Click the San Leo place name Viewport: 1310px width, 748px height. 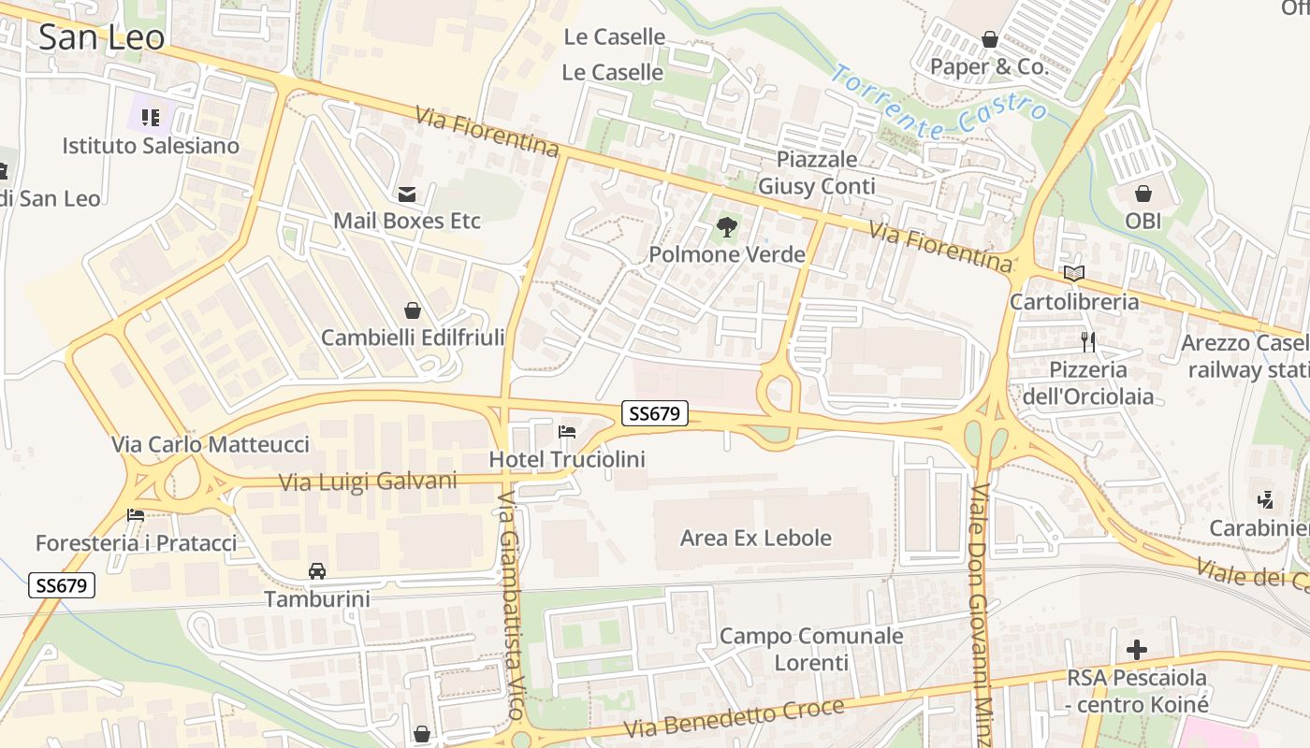pos(101,37)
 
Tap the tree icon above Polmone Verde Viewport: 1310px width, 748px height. pos(726,226)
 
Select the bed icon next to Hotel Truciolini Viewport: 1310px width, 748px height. pos(567,432)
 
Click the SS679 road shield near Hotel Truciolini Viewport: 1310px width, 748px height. pos(654,413)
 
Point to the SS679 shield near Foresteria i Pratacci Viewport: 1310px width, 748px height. pos(62,586)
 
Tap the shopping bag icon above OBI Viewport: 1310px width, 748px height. pos(1143,194)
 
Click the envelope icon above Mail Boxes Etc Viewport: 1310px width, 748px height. pos(407,194)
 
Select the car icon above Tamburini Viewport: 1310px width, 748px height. pos(317,570)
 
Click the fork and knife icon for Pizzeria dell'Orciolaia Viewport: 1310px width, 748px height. pos(1087,341)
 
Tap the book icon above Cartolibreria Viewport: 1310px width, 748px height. pos(1074,274)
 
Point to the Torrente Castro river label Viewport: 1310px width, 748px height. pos(939,103)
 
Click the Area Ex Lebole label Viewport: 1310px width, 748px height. pos(755,538)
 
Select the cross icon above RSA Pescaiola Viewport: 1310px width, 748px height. pos(1137,649)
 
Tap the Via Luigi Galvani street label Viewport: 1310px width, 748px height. pos(369,482)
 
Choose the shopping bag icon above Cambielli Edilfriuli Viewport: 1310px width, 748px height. pos(413,309)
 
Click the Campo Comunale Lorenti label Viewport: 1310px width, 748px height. pos(811,649)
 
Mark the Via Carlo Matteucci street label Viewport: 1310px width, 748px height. pos(210,444)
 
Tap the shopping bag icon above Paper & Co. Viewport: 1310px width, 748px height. pos(989,40)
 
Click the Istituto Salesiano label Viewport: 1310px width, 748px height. pos(151,146)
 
